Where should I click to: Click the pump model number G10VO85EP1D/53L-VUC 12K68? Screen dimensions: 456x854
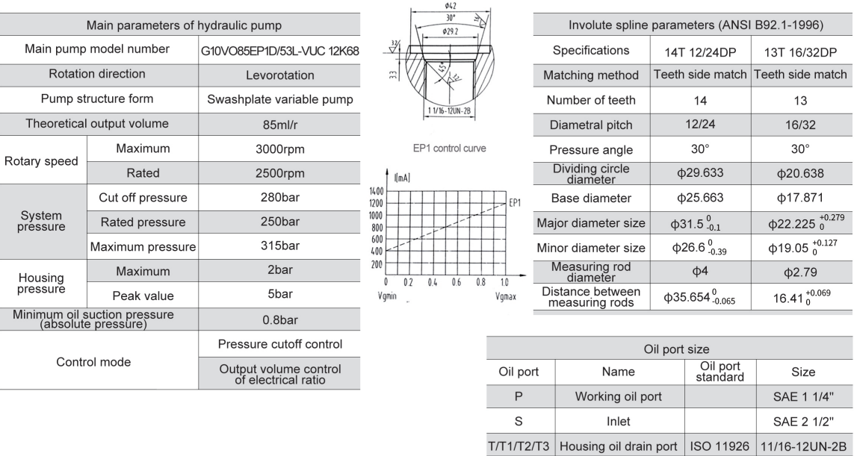coord(280,50)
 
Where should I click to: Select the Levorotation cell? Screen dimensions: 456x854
coord(280,75)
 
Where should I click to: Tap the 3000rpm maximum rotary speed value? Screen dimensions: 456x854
coord(280,149)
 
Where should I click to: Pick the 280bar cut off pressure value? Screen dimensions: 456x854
coord(280,199)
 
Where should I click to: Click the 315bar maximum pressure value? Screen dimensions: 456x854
coord(280,246)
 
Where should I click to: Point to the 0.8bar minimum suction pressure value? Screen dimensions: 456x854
coord(280,320)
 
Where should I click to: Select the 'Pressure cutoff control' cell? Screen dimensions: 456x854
coord(280,344)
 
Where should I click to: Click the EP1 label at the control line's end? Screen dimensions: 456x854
coord(515,202)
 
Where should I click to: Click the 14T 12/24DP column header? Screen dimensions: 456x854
coord(700,50)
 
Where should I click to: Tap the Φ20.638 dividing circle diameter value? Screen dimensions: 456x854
coord(800,173)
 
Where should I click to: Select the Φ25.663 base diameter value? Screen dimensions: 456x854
coord(700,198)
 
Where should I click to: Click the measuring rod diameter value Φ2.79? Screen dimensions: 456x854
coord(800,271)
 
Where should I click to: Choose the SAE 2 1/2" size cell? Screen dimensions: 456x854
coord(804,420)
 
